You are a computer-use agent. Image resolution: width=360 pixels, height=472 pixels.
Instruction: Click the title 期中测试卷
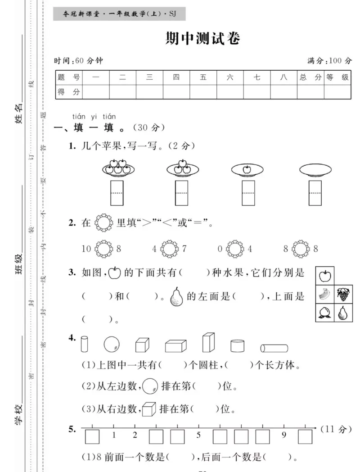click(x=203, y=39)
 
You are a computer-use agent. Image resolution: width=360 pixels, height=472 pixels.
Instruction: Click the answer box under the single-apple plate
click(x=249, y=193)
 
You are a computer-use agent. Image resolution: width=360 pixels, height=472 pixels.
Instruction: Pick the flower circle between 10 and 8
click(x=103, y=248)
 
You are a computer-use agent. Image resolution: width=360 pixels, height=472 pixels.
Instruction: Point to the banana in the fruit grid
click(x=325, y=295)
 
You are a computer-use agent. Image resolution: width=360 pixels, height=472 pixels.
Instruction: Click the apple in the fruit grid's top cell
click(x=325, y=275)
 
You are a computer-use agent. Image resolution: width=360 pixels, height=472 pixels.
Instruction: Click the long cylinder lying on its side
click(x=274, y=348)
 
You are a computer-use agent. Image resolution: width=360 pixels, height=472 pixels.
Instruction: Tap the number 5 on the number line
click(x=198, y=435)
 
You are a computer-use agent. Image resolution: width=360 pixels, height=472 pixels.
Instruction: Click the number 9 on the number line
click(x=284, y=435)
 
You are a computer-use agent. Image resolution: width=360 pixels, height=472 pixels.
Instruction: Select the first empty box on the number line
click(x=92, y=436)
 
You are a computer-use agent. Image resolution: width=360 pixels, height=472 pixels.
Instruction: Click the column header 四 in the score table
click(x=176, y=77)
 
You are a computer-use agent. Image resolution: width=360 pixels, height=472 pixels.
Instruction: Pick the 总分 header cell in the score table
click(x=310, y=77)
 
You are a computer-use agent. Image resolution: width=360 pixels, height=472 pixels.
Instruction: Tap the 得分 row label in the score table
click(x=69, y=92)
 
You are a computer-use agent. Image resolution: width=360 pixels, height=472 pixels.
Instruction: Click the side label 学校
click(x=19, y=414)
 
